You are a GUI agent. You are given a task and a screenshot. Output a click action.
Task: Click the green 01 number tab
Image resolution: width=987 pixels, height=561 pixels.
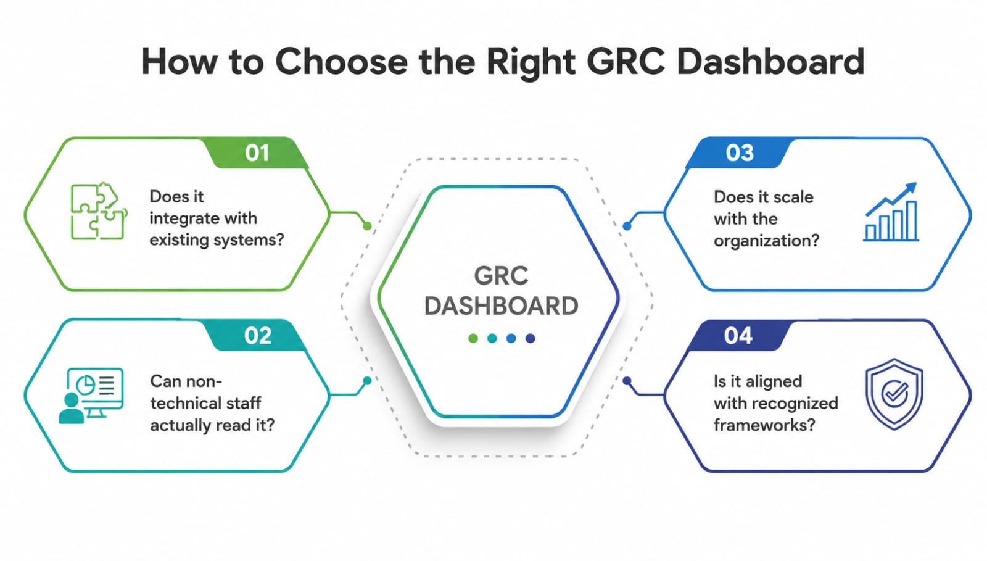tap(257, 153)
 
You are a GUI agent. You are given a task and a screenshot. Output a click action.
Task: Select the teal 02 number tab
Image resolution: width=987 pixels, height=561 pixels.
tap(258, 336)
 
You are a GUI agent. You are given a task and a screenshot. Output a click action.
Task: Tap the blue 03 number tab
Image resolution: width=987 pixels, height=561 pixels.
tap(740, 153)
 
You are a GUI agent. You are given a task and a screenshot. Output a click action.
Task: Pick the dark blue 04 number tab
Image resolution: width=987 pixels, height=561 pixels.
tap(738, 336)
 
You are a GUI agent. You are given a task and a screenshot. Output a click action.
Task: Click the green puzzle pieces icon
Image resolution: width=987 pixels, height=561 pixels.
tap(99, 212)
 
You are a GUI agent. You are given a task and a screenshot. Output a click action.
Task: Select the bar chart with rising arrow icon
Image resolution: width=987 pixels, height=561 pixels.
tap(891, 212)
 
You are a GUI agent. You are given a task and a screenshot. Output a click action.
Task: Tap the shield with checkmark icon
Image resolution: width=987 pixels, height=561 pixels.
tap(894, 394)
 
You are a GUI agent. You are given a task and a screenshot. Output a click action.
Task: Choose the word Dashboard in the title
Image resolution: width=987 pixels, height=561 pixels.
tap(770, 62)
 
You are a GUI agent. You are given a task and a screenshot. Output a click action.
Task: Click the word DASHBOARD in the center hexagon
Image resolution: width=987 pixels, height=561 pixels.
tap(501, 306)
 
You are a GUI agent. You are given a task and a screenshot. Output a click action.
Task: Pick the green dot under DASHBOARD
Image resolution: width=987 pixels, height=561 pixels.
tap(473, 338)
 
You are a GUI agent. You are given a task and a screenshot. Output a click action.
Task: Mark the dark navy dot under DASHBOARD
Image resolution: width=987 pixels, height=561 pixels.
tap(531, 338)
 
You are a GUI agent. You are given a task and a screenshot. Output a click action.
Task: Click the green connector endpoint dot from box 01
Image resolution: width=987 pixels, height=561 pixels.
tap(367, 226)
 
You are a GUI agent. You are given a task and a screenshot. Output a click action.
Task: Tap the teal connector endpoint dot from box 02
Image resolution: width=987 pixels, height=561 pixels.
tap(367, 381)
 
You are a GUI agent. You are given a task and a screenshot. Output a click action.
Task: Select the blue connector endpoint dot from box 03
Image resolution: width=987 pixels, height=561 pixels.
tap(627, 226)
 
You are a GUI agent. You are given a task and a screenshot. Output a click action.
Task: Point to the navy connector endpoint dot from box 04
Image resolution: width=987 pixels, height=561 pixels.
tap(627, 381)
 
